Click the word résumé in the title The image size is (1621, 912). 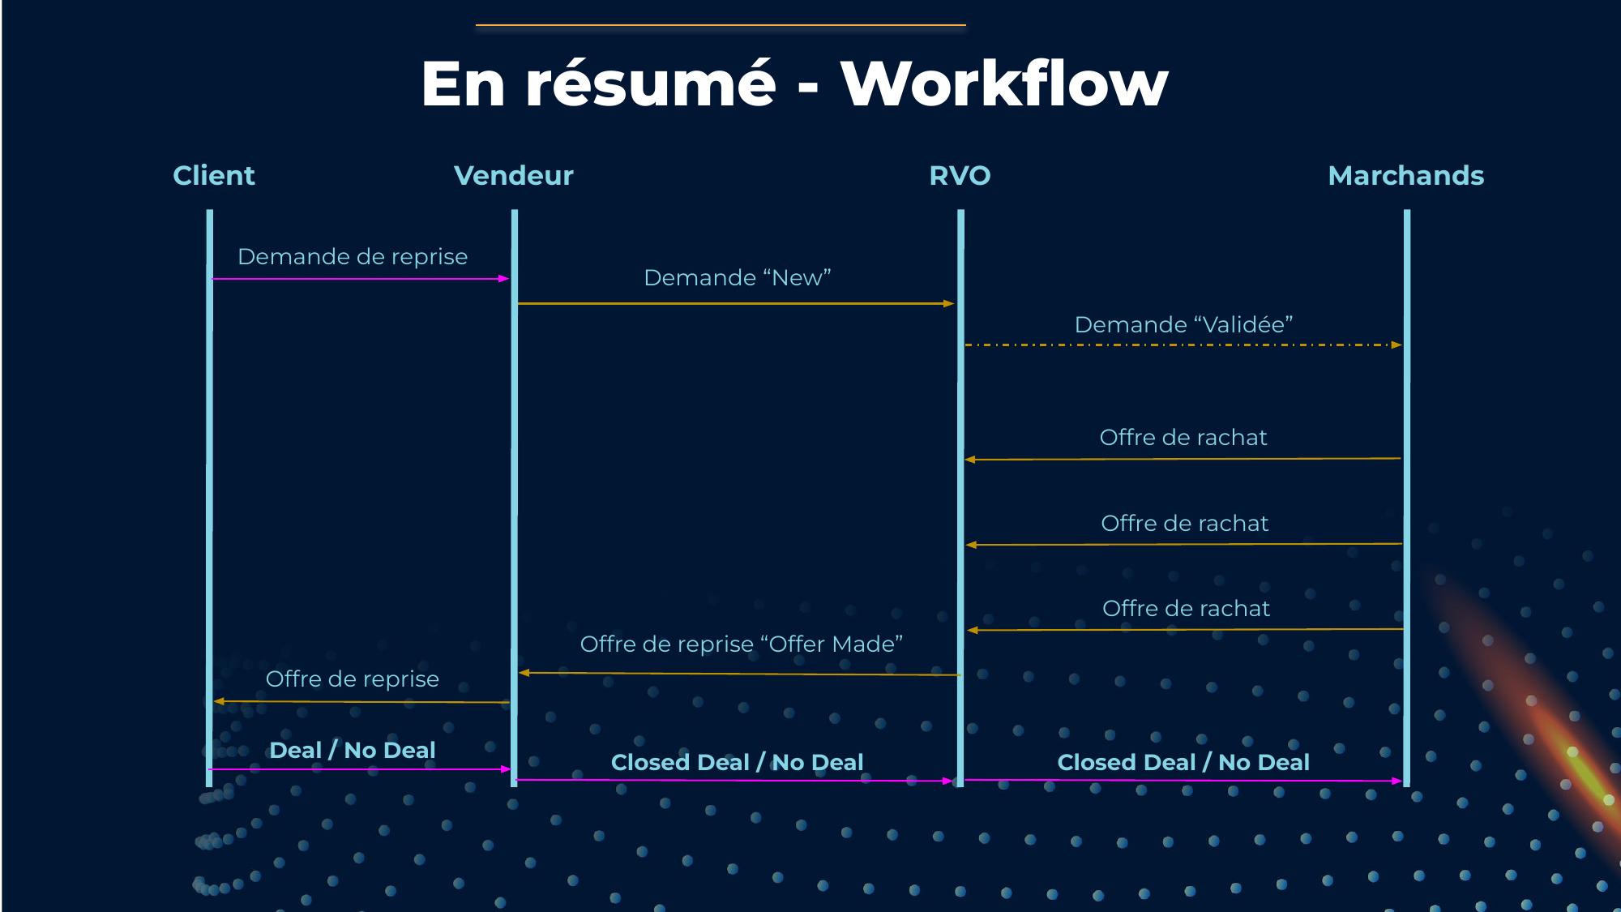tap(651, 83)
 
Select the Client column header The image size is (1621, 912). tap(214, 175)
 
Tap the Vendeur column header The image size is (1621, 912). tap(513, 175)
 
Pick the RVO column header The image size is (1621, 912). tap(960, 175)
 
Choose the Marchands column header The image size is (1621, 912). tap(1405, 175)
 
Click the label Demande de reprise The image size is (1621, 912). tap(353, 256)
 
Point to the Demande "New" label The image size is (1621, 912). tap(738, 277)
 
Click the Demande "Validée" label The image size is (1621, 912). tap(1183, 324)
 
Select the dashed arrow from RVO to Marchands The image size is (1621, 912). tap(1183, 345)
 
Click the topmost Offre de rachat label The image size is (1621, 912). tap(1183, 437)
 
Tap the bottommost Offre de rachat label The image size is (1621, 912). tap(1186, 608)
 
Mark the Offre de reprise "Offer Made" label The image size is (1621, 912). tap(741, 644)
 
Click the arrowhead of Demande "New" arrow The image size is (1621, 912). tap(949, 304)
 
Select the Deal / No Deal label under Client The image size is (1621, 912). tap(353, 750)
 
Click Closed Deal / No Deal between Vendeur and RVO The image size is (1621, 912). tap(737, 762)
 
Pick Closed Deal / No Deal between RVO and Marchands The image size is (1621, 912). tap(1183, 762)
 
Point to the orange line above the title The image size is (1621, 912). tap(721, 25)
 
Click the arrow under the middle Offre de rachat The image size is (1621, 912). tap(1183, 544)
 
